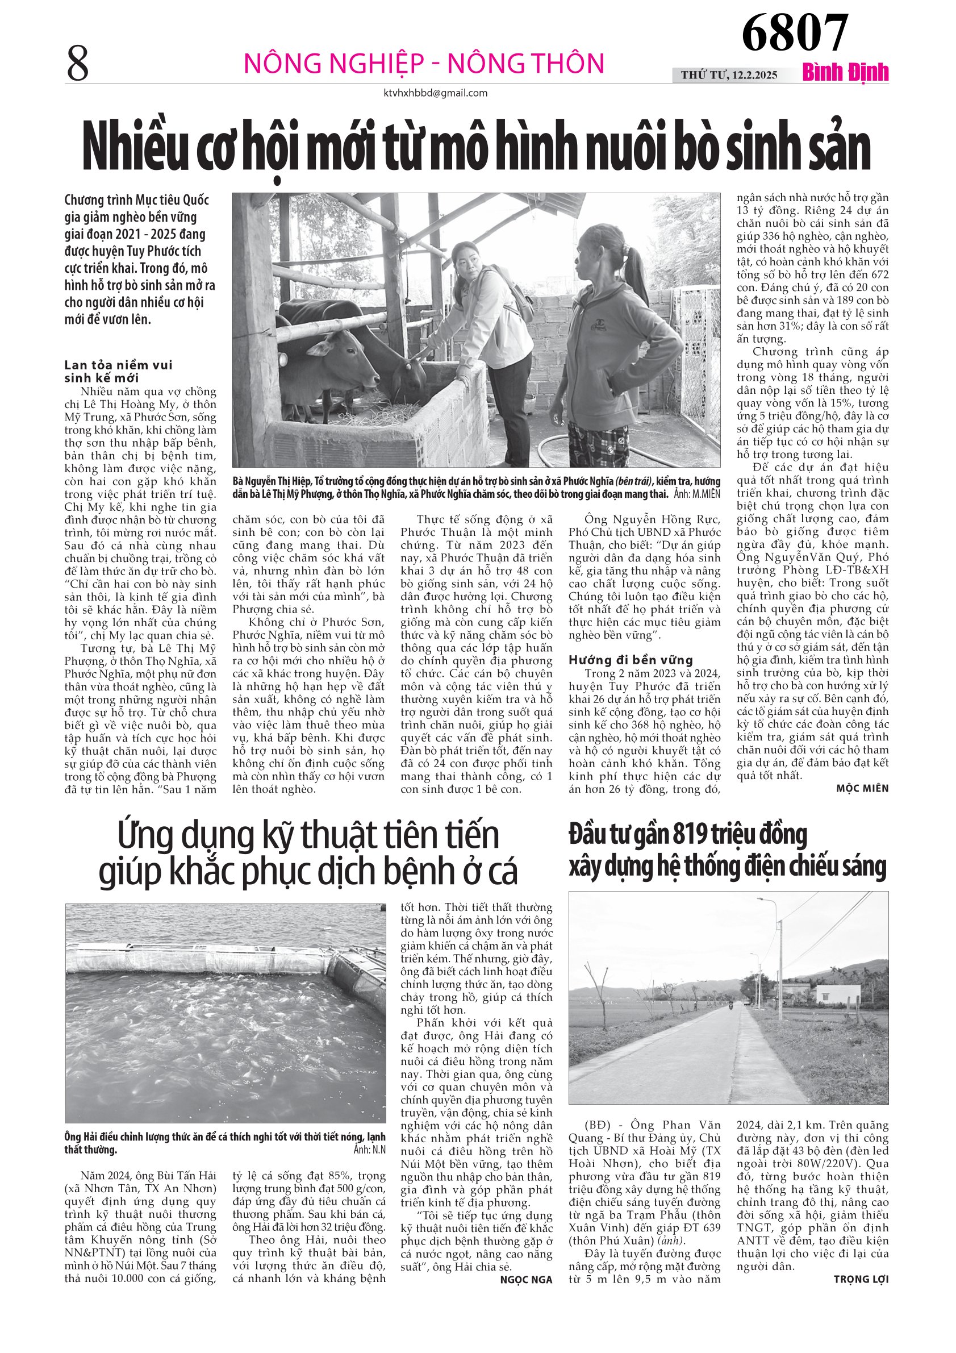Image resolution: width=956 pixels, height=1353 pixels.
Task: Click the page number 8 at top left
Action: click(78, 64)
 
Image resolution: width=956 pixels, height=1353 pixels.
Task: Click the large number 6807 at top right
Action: click(794, 32)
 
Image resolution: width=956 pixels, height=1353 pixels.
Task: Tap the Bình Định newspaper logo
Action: click(845, 73)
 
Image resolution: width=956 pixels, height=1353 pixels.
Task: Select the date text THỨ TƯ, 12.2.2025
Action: click(729, 75)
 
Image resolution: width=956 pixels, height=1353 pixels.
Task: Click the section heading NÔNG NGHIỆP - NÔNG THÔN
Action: click(424, 64)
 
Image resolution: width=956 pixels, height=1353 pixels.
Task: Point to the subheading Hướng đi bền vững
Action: click(631, 660)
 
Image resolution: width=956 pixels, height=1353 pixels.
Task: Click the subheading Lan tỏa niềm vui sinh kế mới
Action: click(118, 371)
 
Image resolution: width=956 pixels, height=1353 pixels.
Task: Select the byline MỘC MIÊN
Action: click(862, 789)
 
